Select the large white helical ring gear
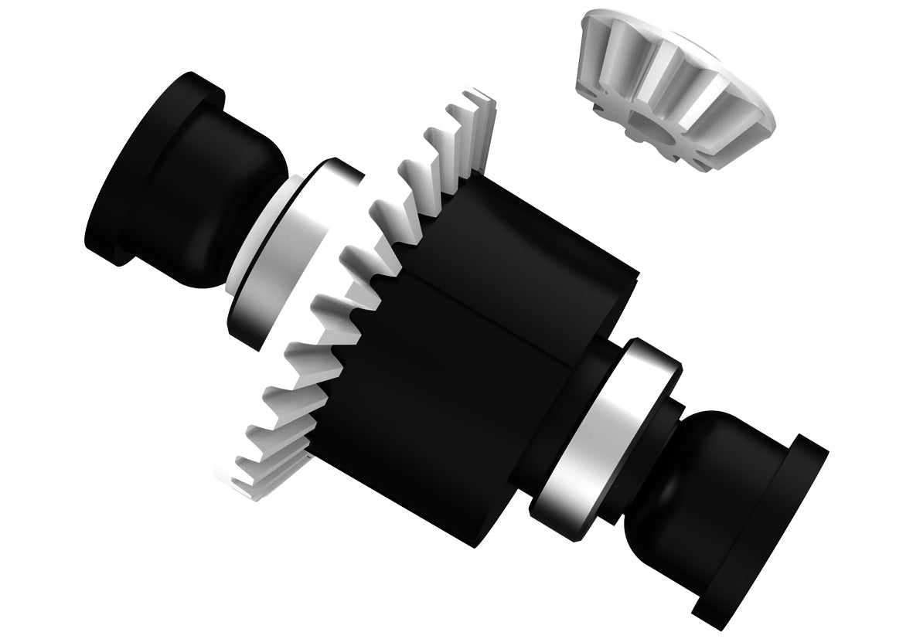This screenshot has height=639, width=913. coord(340,309)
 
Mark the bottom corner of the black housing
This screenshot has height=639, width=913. coord(472,541)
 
